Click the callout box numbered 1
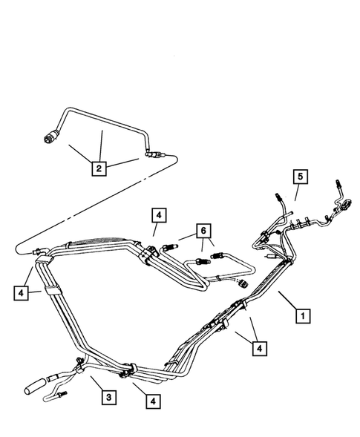click(302, 316)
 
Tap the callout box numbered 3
click(108, 398)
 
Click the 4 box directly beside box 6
click(158, 216)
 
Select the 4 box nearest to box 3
click(152, 401)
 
